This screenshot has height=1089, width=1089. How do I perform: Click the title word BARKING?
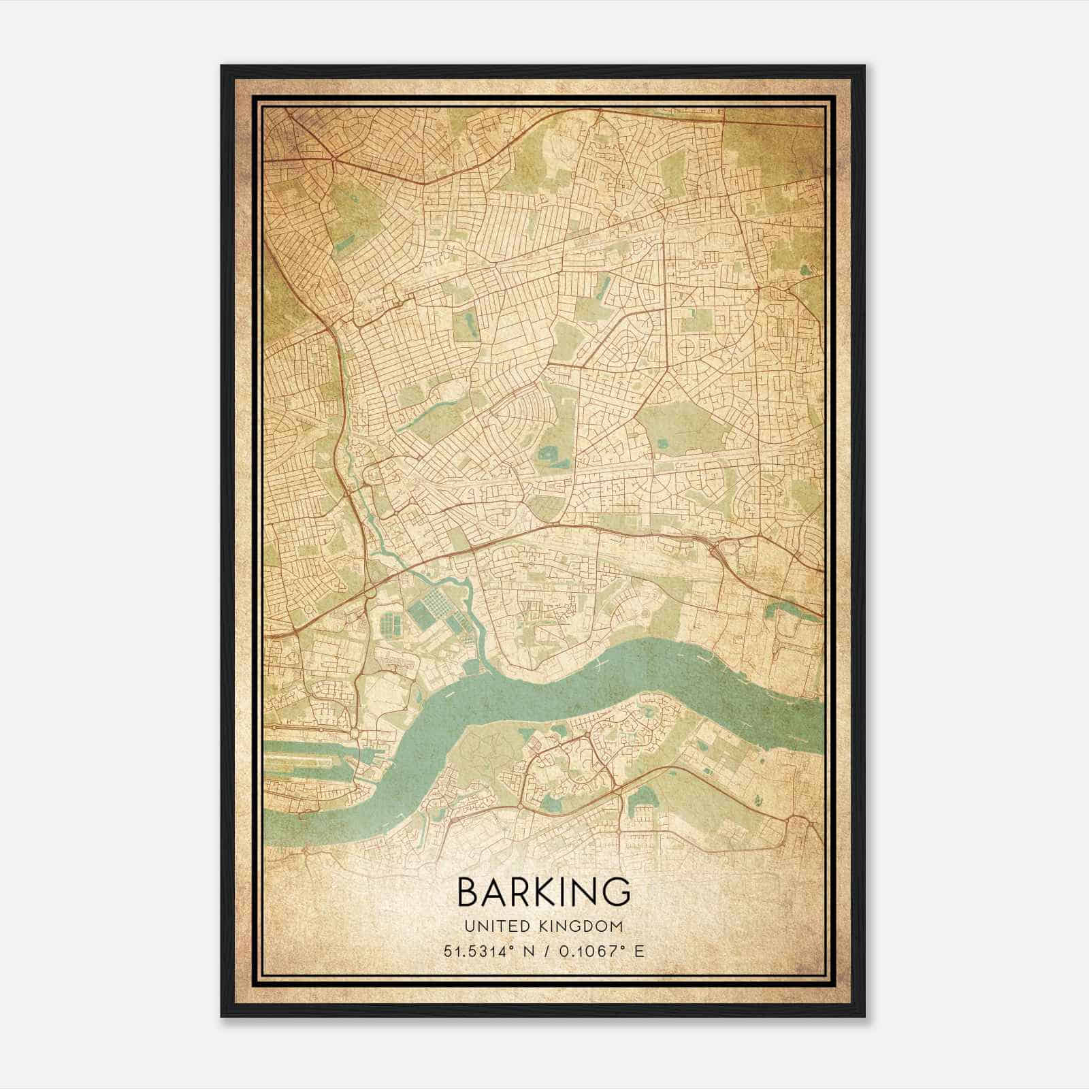[x=543, y=892]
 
